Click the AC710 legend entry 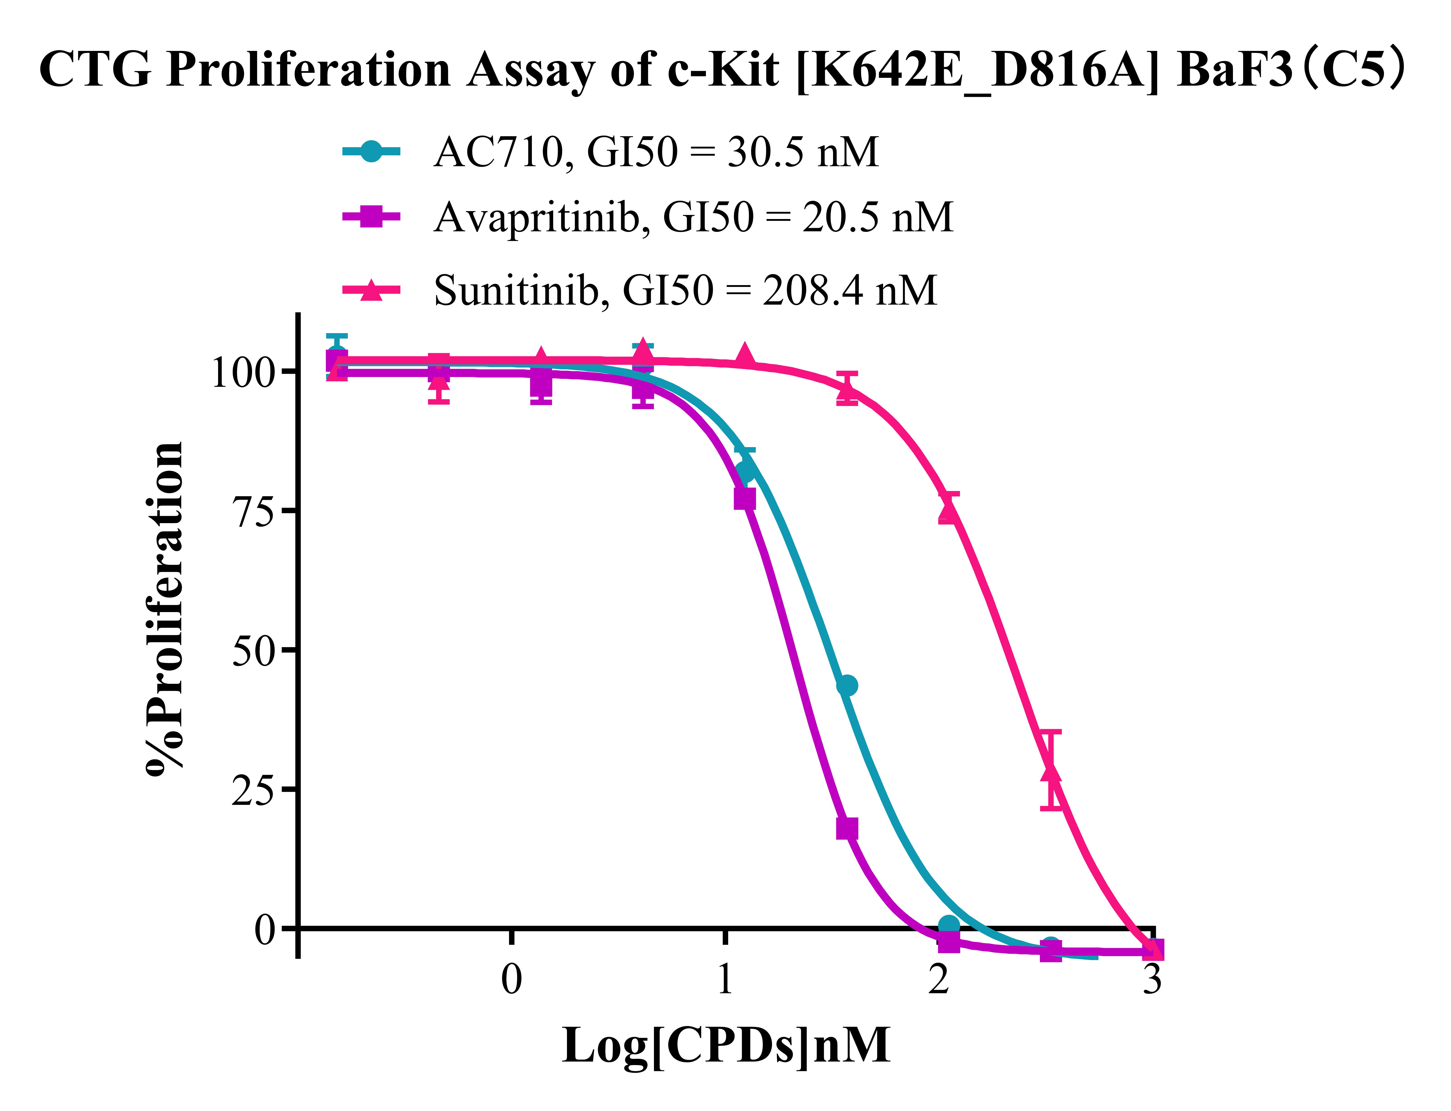(655, 152)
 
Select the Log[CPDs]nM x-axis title (726, 1046)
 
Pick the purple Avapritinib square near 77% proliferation (745, 499)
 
